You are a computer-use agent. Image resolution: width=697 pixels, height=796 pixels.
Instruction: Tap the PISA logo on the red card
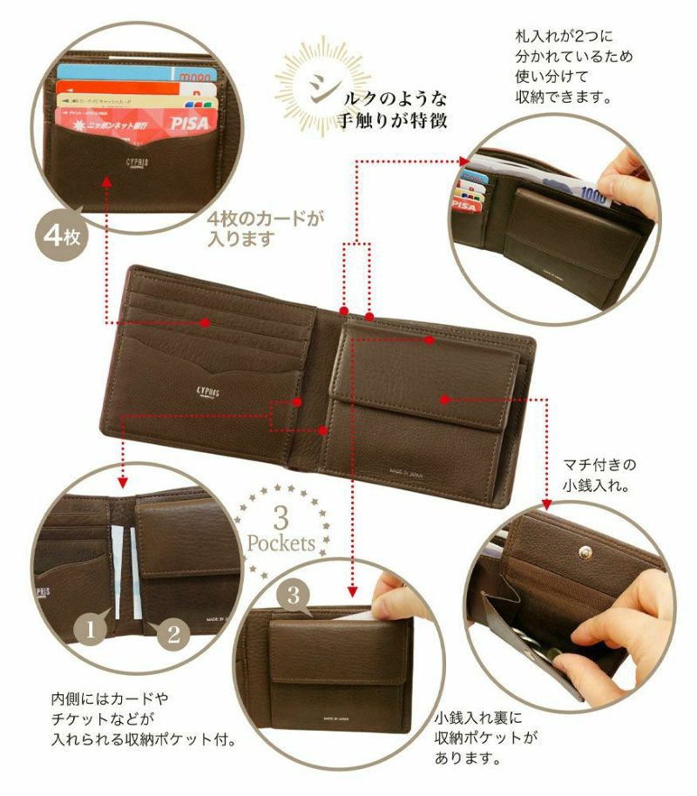[x=189, y=123]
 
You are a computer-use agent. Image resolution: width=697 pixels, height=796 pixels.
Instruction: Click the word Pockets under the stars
[x=281, y=544]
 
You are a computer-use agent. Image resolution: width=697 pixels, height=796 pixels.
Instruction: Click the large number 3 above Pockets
[x=281, y=519]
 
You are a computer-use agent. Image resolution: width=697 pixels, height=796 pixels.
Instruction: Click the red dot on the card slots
[x=206, y=322]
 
